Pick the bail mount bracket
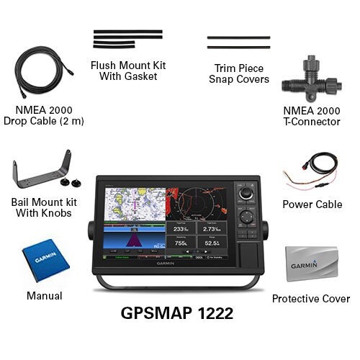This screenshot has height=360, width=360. click(x=41, y=174)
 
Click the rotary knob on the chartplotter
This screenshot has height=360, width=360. click(x=247, y=194)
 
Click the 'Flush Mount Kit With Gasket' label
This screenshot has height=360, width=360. click(x=128, y=71)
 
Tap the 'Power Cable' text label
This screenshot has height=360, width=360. click(x=312, y=204)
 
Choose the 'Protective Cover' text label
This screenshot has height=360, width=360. click(x=310, y=298)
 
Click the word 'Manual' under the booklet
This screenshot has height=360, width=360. click(x=44, y=295)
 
